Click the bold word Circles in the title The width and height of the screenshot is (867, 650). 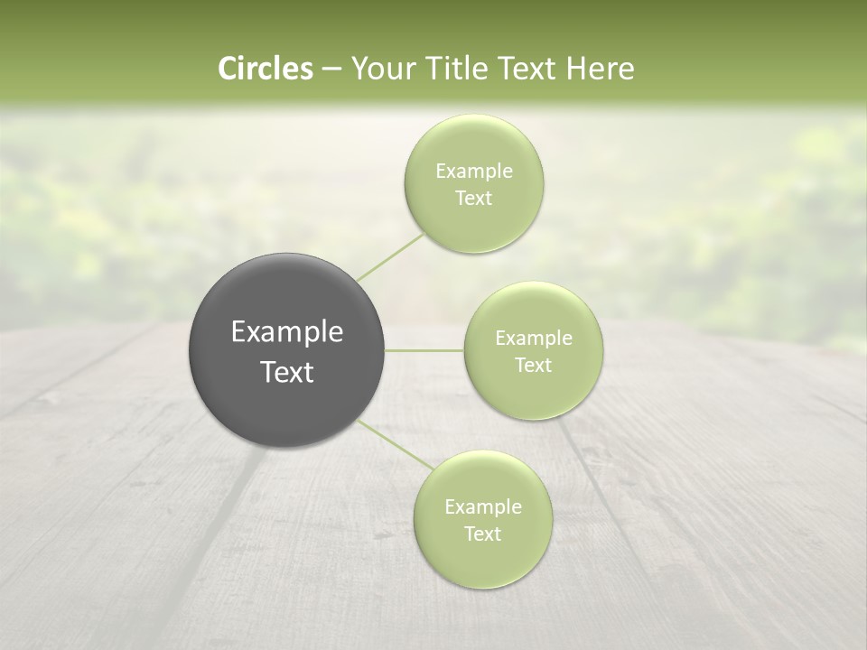point(265,69)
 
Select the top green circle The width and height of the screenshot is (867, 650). point(473,184)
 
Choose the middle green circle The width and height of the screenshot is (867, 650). point(533,351)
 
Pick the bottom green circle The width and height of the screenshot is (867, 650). point(482,520)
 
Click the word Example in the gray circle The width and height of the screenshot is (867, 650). point(287,332)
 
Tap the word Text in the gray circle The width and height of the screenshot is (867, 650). point(287,372)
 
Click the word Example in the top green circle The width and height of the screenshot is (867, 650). point(473,172)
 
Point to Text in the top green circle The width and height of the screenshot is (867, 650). point(473,199)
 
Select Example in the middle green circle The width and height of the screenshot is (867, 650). point(533,339)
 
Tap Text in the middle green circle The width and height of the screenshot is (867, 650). point(533,366)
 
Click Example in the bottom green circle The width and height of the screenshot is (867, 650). point(482,507)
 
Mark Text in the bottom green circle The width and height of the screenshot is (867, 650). point(482,534)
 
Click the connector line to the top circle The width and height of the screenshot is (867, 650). point(390,257)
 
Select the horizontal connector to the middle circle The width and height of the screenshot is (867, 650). point(424,350)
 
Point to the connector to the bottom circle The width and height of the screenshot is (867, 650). point(396,444)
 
